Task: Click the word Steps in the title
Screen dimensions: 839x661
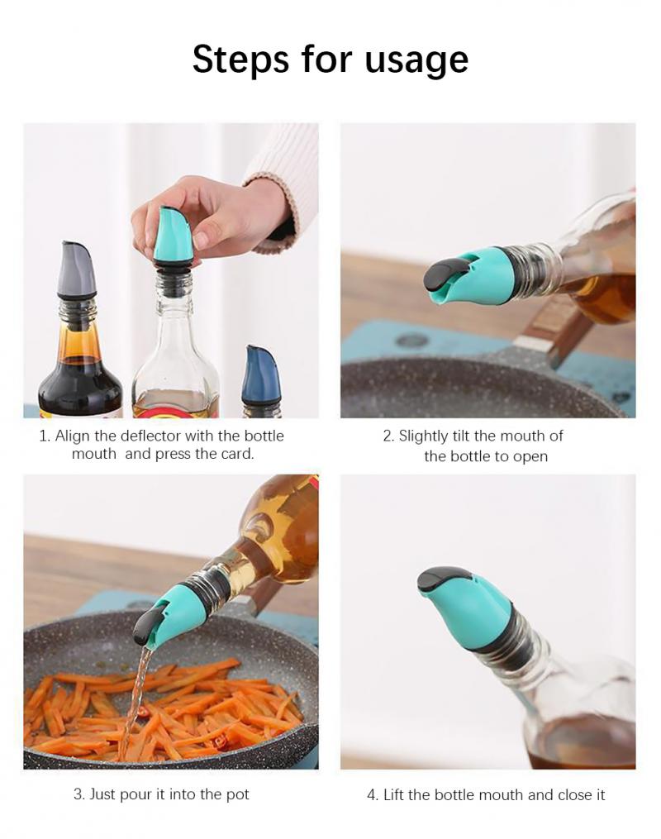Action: click(240, 60)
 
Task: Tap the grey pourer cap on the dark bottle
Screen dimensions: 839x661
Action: click(77, 271)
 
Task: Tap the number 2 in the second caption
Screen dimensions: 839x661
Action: click(388, 436)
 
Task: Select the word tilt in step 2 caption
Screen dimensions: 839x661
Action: click(473, 436)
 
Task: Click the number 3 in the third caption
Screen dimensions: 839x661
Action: click(78, 794)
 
